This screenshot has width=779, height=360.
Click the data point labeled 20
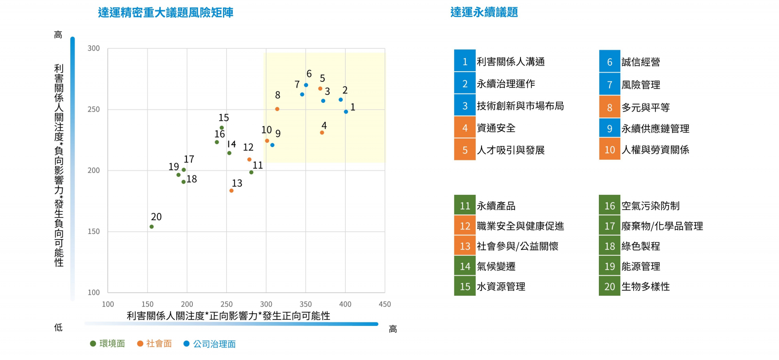(151, 227)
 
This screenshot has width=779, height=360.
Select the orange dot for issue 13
(231, 190)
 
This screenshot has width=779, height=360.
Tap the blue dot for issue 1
(346, 112)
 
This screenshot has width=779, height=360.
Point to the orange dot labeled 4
(322, 133)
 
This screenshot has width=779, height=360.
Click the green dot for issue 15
(222, 128)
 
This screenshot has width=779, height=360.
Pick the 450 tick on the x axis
(385, 304)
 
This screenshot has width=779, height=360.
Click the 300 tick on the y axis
(93, 48)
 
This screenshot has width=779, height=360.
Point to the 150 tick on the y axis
(93, 231)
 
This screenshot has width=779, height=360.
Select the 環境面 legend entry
(108, 343)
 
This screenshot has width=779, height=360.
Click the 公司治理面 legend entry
(209, 344)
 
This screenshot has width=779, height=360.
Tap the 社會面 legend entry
(154, 343)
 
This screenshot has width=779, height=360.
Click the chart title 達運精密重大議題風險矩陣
(166, 12)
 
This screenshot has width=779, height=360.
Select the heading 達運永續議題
(484, 12)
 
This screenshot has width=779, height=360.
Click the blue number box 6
(610, 62)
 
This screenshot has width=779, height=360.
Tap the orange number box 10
(610, 150)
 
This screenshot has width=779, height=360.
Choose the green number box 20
(610, 286)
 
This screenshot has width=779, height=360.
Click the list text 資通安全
(496, 128)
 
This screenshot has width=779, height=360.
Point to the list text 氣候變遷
(496, 266)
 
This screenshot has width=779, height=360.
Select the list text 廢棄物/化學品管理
(662, 226)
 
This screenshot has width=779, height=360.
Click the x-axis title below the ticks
(228, 316)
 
